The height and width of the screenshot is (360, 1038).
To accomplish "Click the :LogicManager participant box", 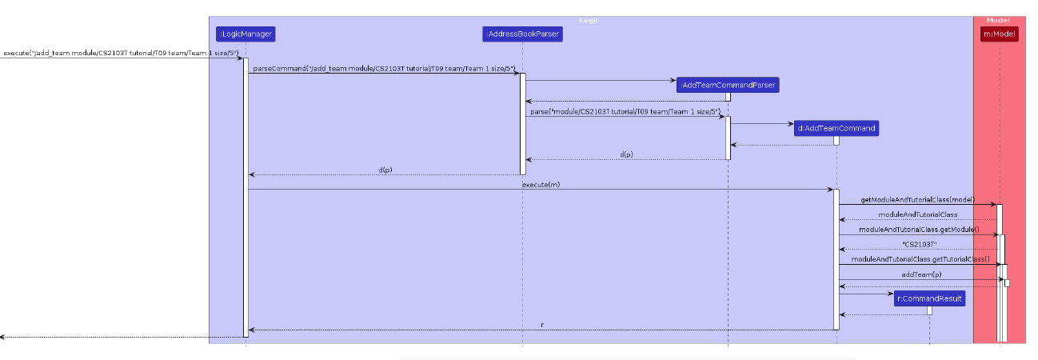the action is [246, 34].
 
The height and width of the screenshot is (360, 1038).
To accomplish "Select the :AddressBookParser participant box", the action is [522, 34].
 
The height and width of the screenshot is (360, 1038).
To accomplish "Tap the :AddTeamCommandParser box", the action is [727, 85].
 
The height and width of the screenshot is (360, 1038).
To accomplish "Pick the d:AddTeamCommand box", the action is [836, 128].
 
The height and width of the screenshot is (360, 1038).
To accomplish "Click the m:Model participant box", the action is [999, 34].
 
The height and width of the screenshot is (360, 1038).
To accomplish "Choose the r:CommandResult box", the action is [929, 298].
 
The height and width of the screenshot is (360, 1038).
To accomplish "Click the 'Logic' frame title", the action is [589, 20].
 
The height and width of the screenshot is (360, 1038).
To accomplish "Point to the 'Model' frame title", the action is [998, 20].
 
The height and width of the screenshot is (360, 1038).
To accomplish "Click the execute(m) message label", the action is [541, 185].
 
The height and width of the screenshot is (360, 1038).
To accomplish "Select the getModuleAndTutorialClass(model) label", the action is [917, 199].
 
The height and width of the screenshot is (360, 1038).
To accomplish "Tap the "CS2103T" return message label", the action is [918, 244].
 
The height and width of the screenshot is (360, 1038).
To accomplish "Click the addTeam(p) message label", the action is [921, 274].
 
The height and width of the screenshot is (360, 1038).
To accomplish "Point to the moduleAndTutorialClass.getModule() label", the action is [918, 230].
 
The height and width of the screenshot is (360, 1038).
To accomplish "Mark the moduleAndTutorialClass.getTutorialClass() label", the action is [920, 259].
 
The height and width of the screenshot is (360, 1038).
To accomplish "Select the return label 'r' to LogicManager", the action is [542, 325].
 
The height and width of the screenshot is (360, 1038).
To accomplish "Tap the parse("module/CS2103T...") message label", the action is [625, 111].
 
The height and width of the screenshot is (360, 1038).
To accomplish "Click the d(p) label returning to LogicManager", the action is [385, 170].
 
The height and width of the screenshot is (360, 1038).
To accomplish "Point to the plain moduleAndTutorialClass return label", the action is [918, 214].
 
